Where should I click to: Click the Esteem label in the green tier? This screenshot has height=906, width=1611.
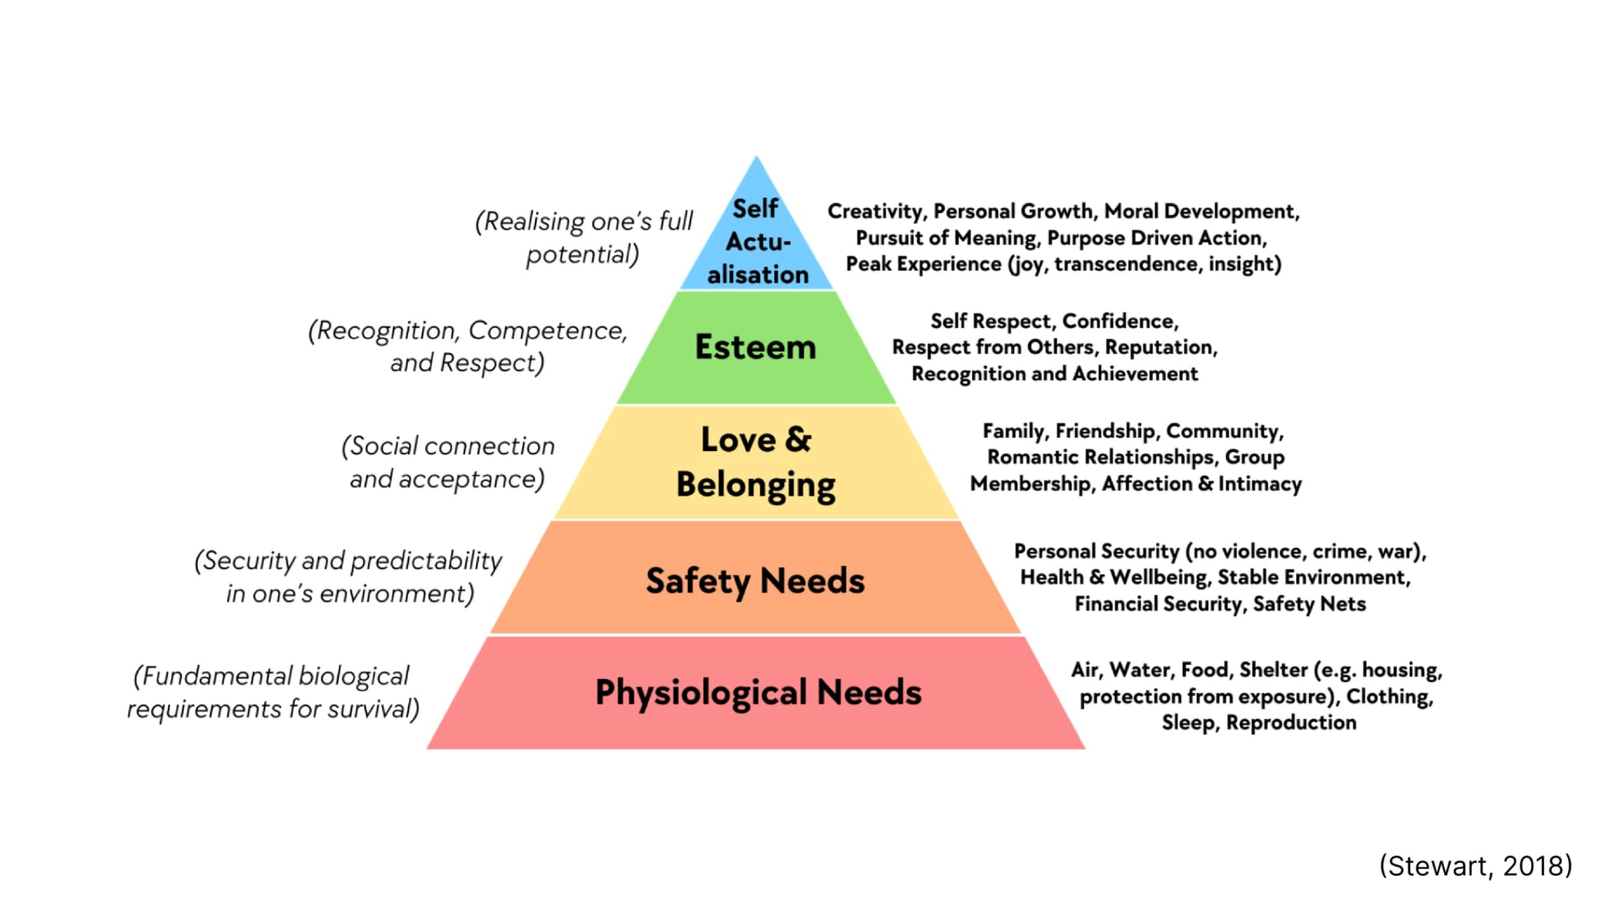[x=755, y=347]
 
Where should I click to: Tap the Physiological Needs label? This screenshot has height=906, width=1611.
[x=759, y=693]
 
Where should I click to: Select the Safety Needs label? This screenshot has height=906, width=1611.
[x=755, y=581]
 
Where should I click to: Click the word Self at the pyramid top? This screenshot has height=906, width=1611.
[x=755, y=209]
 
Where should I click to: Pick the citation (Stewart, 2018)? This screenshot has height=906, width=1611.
[x=1475, y=866]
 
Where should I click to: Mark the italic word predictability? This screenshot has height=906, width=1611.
[x=426, y=561]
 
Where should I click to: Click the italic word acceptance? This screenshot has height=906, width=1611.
[x=471, y=480]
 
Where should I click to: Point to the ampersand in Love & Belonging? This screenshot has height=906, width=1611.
[x=797, y=440]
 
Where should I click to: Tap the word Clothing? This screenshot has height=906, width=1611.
[x=1389, y=697]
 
